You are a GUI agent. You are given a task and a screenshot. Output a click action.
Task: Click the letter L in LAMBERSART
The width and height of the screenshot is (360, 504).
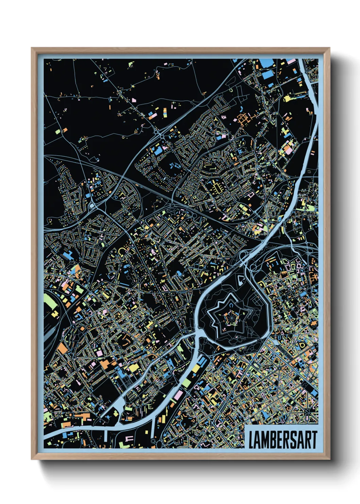click(x=252, y=440)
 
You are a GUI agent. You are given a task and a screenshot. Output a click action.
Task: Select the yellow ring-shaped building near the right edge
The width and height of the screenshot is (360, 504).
click(x=301, y=345)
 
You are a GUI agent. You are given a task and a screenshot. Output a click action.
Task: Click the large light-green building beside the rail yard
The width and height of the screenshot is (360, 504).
click(x=50, y=301)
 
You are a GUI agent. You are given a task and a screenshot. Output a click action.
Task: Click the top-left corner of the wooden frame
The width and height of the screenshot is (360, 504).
click(x=32, y=48)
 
